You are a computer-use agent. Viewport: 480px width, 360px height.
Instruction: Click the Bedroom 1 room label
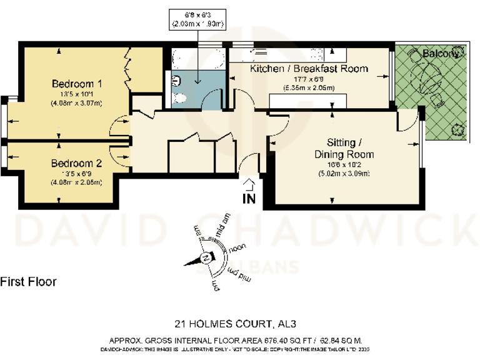pyautogui.click(x=77, y=84)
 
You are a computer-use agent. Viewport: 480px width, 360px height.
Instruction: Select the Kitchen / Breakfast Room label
pyautogui.click(x=309, y=69)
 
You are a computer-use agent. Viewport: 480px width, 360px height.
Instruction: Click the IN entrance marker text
pyautogui.click(x=249, y=199)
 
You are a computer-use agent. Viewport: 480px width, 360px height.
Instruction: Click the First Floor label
pyautogui.click(x=29, y=282)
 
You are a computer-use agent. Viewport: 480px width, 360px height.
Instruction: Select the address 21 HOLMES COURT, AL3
pyautogui.click(x=234, y=324)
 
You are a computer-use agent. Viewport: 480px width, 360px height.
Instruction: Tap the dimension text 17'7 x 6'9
pyautogui.click(x=309, y=79)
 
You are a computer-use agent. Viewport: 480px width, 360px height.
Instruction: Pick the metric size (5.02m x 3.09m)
pyautogui.click(x=344, y=173)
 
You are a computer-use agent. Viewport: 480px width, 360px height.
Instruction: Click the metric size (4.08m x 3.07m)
pyautogui.click(x=77, y=103)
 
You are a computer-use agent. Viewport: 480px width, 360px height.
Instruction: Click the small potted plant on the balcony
pyautogui.click(x=459, y=129)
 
